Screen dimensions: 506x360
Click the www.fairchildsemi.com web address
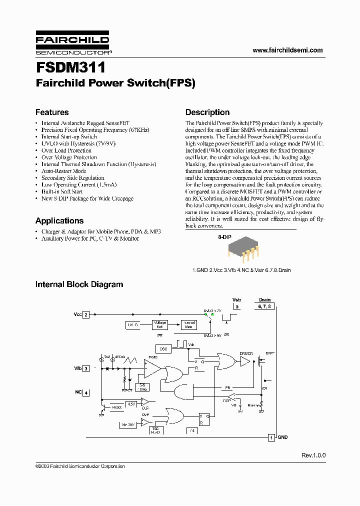pos(287,50)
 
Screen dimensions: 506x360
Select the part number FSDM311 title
pos(70,67)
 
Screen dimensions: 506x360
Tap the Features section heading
pos(52,112)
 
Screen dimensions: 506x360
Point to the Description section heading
pos(207,112)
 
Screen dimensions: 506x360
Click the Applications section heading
pos(59,220)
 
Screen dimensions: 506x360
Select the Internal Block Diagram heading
pos(79,284)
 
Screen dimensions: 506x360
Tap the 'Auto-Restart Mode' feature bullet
pos(63,171)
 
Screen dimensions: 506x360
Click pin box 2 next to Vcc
pos(86,315)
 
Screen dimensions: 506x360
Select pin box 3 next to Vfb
pos(86,368)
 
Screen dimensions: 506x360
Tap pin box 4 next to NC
pos(86,392)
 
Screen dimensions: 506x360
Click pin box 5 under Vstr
pos(237,306)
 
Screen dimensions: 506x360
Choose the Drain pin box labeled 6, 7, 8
pos(264,306)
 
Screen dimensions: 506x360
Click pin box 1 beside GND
pos(271,437)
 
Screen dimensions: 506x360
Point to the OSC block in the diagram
pos(163,348)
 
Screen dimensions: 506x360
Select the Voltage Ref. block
pos(160,324)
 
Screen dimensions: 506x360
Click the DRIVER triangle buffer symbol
pos(244,361)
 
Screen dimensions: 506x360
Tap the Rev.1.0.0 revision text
pos(313,455)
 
